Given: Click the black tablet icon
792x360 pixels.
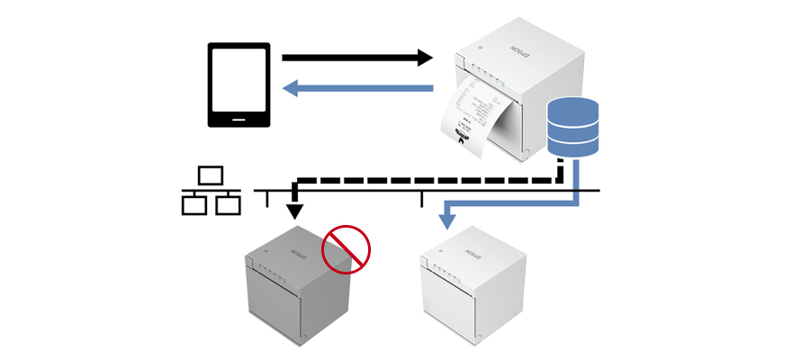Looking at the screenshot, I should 238,85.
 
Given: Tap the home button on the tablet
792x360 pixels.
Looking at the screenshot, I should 238,119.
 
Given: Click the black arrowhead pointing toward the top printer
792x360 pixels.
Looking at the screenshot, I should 424,58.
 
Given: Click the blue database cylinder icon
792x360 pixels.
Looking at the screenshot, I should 573,127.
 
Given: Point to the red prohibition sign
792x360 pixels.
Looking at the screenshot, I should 346,248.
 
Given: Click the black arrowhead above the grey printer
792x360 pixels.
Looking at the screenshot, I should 294,212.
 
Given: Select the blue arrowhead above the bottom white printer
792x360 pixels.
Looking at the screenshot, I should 445,219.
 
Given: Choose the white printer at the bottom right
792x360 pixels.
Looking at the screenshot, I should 472,288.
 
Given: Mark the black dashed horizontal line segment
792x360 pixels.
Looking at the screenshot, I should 423,179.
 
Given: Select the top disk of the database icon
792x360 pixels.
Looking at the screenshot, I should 573,109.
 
